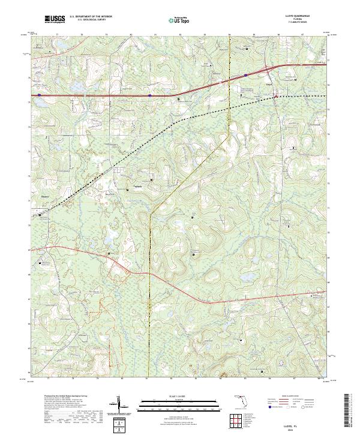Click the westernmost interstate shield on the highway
pos(40,95)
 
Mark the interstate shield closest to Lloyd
pos(246,75)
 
